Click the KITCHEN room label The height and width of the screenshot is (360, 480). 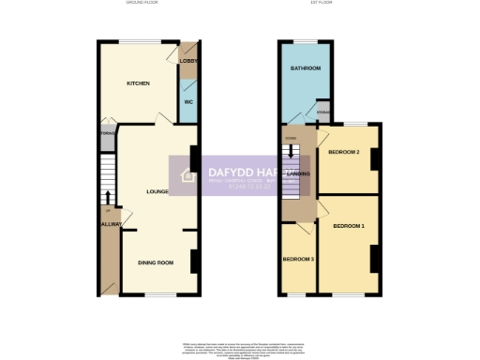139,83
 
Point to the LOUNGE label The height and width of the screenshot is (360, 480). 157,192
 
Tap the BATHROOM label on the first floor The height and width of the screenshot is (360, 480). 306,68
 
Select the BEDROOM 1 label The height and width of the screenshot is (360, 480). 349,227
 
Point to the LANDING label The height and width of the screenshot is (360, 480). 299,173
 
